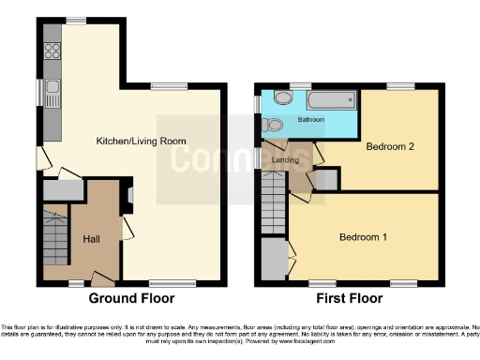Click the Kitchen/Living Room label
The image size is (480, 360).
pos(141,142)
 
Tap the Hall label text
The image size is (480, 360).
pos(92,238)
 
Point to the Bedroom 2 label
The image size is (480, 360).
pos(390,146)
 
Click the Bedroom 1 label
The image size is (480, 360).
pos(364,237)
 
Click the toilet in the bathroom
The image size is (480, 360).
pos(275,124)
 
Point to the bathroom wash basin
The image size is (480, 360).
pos(280,98)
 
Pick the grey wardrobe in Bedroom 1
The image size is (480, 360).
pos(273,259)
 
